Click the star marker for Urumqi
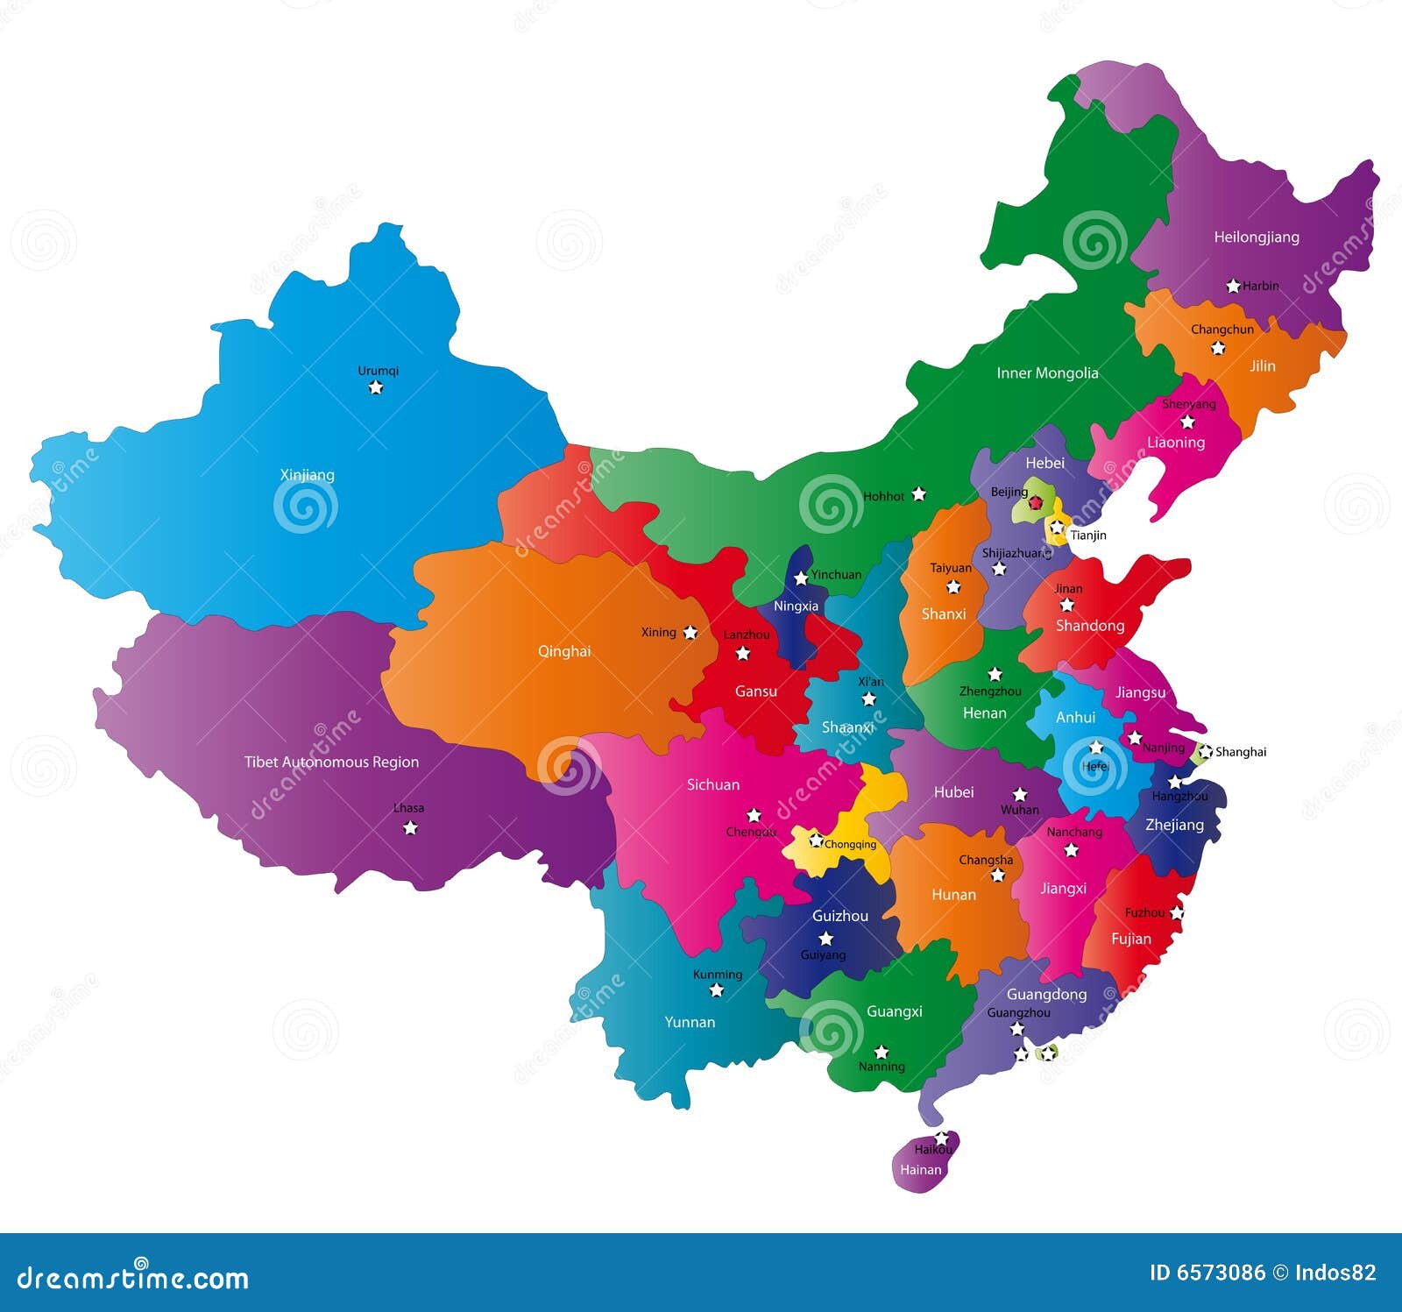click(376, 387)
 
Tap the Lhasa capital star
click(410, 827)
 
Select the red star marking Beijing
click(1036, 503)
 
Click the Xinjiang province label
click(307, 475)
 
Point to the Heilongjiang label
click(1256, 237)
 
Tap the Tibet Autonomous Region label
click(331, 762)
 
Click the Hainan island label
click(920, 1169)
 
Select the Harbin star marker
click(1233, 286)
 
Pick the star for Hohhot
click(918, 494)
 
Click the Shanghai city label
click(1240, 752)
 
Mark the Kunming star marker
click(717, 990)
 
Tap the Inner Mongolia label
click(1047, 373)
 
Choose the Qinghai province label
click(564, 651)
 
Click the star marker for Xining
click(690, 632)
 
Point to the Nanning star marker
click(882, 1052)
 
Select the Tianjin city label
click(1088, 535)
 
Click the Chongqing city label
click(850, 845)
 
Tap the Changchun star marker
click(1218, 348)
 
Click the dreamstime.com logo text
click(133, 1279)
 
